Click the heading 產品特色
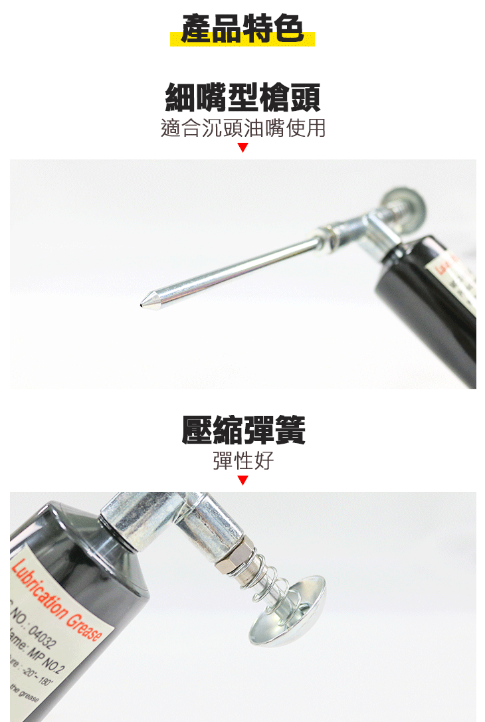pos(242,30)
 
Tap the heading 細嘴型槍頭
pos(242,97)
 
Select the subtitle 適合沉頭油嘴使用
pos(242,128)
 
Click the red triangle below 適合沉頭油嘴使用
pos(242,147)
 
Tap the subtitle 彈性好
pos(242,461)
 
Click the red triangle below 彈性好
pos(242,480)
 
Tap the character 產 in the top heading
pos(196,30)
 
